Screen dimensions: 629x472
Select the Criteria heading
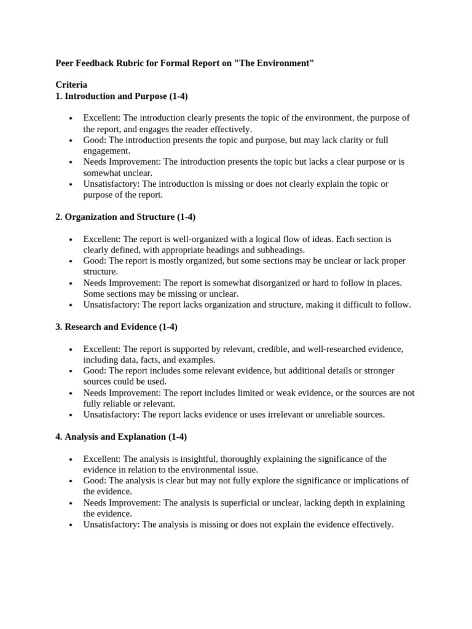point(71,85)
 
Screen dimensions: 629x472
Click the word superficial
point(232,502)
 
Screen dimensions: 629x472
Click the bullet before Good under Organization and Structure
point(71,261)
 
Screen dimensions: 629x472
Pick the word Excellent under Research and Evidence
point(102,349)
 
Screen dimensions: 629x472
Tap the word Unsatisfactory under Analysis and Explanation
point(111,525)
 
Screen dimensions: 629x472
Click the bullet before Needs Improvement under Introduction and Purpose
point(71,162)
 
